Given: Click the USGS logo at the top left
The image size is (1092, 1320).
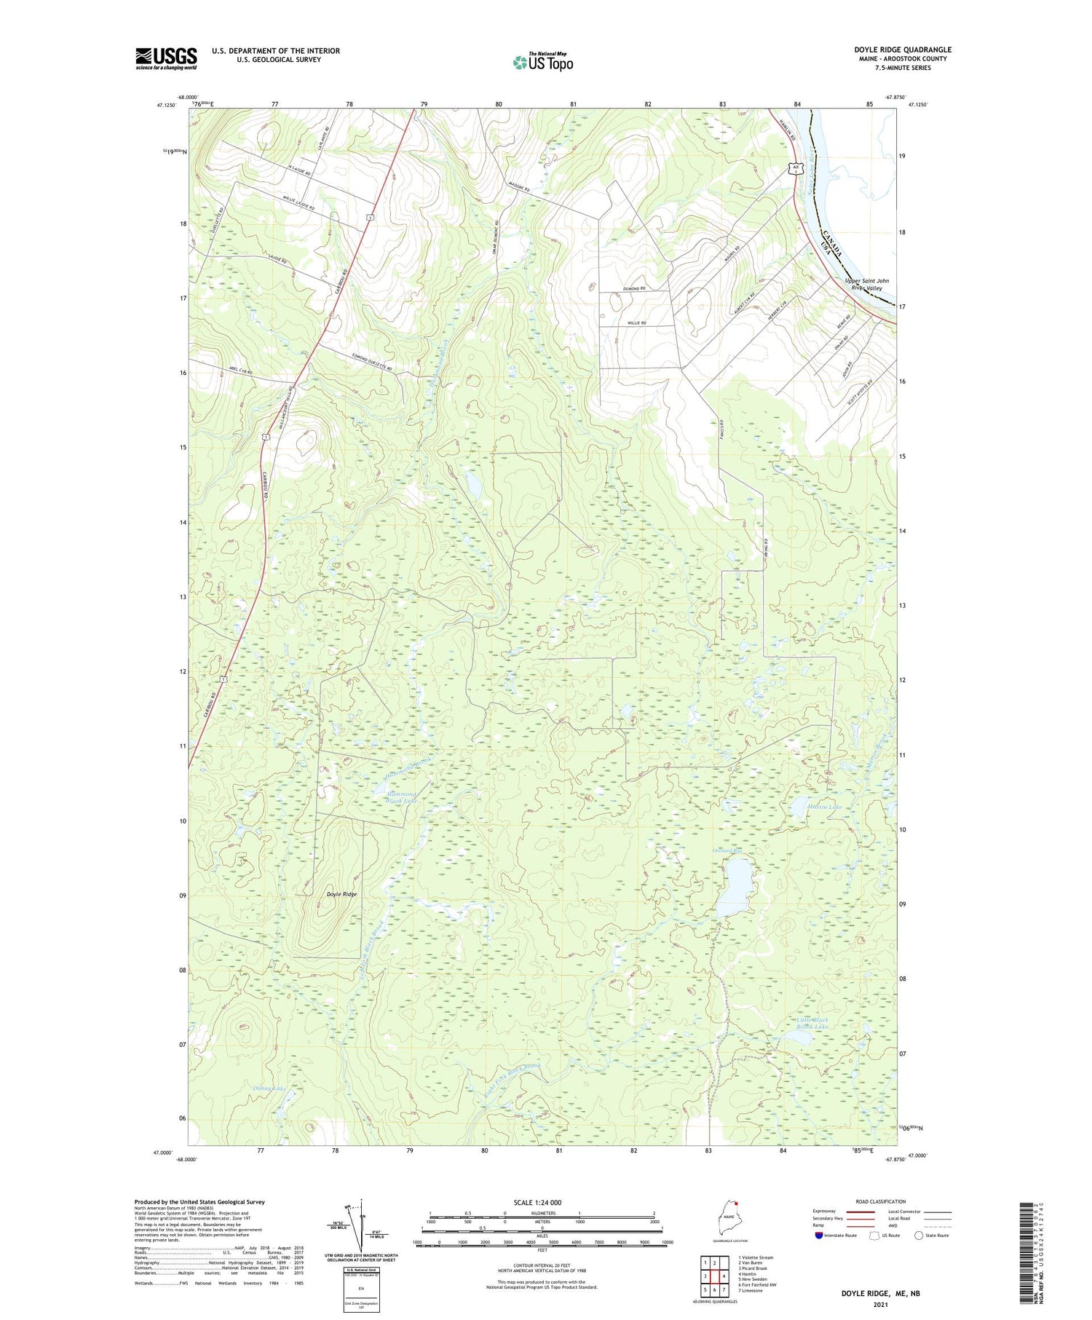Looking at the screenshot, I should click(166, 58).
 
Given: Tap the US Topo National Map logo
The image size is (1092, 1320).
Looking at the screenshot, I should click(543, 62).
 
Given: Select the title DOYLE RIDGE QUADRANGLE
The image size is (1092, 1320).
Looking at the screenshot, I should click(902, 50).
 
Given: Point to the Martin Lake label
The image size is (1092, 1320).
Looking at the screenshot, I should click(824, 807).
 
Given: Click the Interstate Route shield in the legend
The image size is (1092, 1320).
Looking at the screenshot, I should click(819, 1235).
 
